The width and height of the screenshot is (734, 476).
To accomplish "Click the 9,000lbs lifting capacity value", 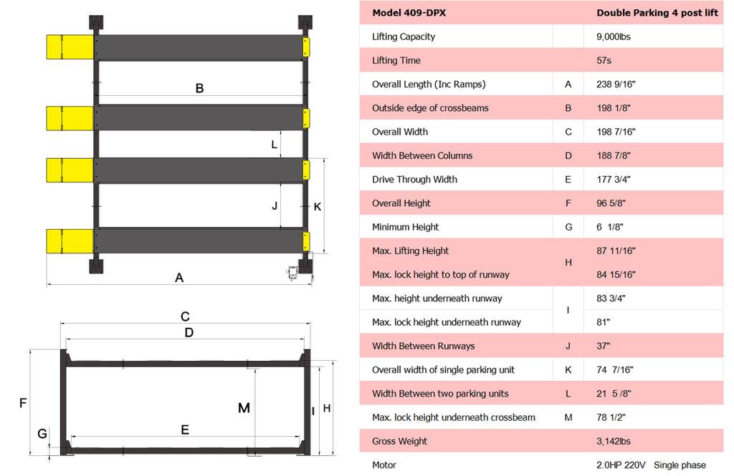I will point(613,37).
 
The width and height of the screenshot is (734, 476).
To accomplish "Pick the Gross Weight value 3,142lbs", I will point(613,442).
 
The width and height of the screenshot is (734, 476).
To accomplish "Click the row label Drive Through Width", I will point(414,180).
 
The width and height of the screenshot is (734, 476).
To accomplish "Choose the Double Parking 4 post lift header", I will point(657,13).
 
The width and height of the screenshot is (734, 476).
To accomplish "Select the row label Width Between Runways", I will point(423,346).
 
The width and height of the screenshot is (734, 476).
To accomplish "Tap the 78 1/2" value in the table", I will point(614,417).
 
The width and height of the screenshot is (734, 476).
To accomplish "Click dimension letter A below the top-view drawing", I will point(179,278).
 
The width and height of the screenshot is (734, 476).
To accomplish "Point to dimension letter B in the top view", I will point(199,89).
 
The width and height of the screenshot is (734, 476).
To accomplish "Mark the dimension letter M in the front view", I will point(244,408).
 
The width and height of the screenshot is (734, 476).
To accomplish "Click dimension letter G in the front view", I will point(42,433).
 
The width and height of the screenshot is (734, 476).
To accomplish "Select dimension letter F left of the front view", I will point(23,403).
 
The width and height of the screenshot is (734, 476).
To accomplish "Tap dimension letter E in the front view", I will point(184,429).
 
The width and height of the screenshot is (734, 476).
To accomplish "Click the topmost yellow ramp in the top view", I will point(70,47).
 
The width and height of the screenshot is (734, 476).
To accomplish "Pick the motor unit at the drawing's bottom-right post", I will point(292,272).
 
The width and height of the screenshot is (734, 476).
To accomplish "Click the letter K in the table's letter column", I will point(568,370).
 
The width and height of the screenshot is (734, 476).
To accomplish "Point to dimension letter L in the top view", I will point(274,144).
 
